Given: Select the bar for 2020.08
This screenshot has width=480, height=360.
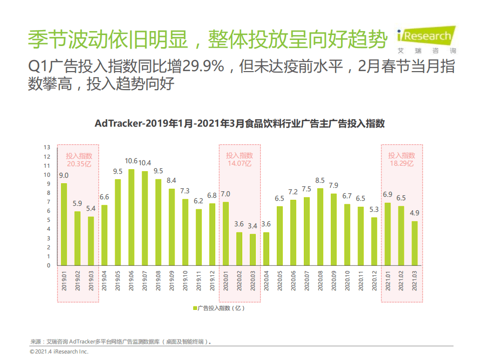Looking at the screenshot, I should click(320, 227).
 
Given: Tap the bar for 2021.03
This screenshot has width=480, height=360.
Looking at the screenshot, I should click(414, 243).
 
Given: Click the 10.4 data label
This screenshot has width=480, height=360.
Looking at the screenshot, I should click(145, 163).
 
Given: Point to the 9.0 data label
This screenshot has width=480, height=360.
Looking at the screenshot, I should click(64, 175).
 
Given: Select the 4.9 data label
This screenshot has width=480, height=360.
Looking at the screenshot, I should click(414, 212).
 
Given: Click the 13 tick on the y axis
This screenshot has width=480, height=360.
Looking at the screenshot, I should click(47, 147).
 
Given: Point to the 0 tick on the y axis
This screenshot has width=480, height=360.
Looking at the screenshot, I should click(49, 265).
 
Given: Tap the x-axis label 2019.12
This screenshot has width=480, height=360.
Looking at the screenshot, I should click(212, 280).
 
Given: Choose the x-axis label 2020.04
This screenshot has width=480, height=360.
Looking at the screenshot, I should click(266, 280).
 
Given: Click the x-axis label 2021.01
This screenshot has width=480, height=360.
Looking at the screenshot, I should click(387, 280).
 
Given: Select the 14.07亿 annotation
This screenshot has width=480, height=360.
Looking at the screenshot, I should click(239, 164).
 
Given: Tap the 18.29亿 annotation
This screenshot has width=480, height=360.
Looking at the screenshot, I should click(401, 164).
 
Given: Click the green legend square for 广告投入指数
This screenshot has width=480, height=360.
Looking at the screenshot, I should click(195, 308).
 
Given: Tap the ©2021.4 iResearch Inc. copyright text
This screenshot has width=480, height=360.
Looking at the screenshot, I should click(59, 352).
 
